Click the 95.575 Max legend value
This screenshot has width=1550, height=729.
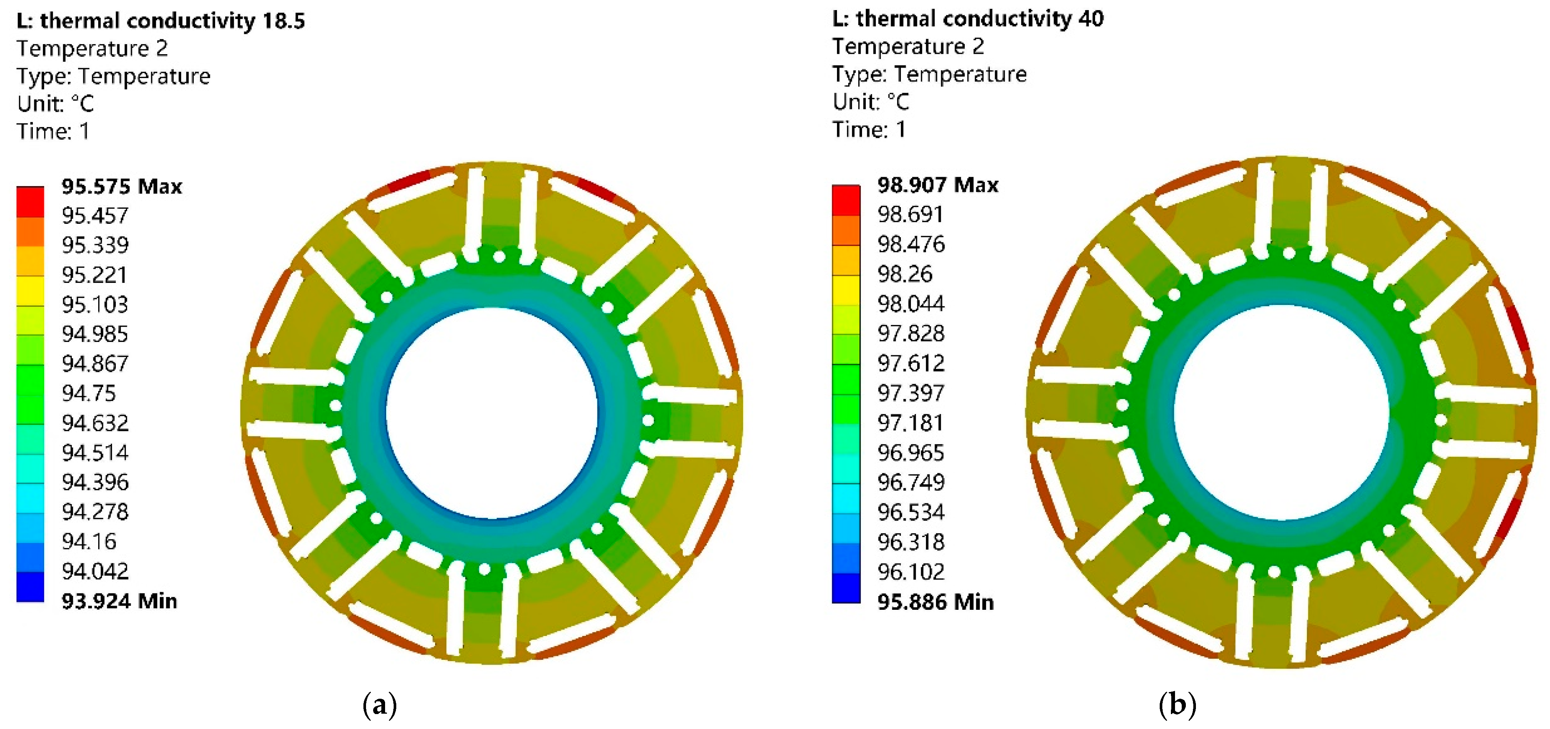[x=121, y=186]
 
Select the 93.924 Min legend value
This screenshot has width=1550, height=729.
[x=119, y=601]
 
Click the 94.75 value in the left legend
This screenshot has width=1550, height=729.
[x=89, y=393]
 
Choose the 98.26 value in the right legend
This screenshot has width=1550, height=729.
[x=904, y=274]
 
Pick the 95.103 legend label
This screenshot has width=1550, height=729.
[x=94, y=304]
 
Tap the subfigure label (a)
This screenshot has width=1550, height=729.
[x=380, y=704]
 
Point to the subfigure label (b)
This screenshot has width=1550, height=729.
[x=1177, y=704]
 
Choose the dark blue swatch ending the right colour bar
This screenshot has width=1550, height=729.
[x=846, y=587]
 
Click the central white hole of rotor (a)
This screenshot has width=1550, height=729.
[x=492, y=413]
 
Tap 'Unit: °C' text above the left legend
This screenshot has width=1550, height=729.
[x=55, y=104]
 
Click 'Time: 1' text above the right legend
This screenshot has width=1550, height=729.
[x=869, y=129]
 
